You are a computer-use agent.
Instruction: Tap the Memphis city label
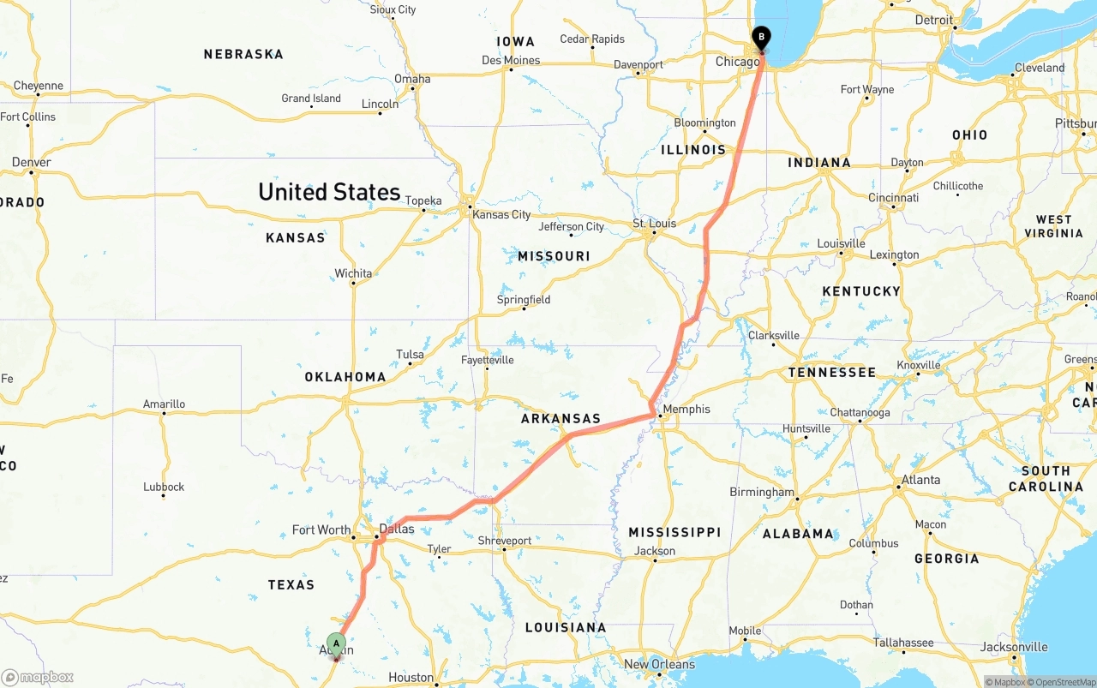686,409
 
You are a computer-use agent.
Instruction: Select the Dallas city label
397,529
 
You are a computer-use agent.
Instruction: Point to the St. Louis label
655,224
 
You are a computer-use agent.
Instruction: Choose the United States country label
329,192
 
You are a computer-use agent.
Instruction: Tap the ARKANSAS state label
561,419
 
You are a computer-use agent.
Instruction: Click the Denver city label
32,162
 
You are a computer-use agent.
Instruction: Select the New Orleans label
659,664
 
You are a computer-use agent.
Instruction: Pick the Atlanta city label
920,480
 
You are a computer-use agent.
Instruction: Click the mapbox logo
38,677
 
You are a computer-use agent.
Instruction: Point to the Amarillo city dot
164,414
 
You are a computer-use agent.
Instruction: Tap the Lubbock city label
164,487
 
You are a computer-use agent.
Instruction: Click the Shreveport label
505,541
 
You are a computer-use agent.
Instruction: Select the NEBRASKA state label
243,54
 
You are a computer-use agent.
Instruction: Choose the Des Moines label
511,60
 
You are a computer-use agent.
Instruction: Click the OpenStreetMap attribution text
1063,682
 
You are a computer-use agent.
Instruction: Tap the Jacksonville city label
1014,647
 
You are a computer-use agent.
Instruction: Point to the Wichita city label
353,273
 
